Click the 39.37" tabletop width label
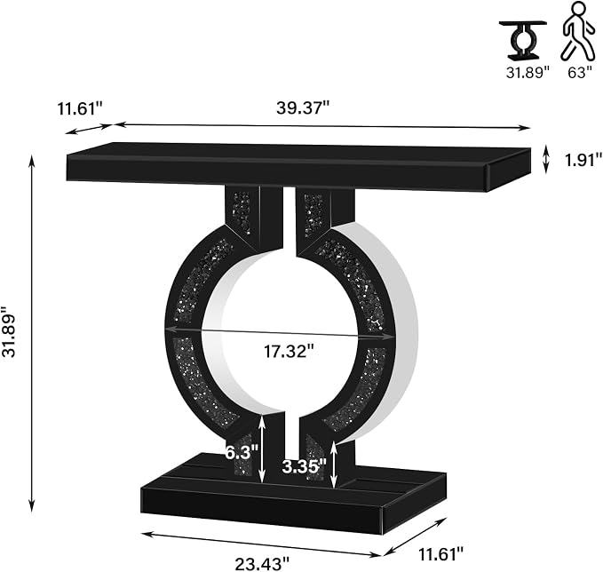303,108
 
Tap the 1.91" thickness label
583,160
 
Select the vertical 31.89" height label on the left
9,332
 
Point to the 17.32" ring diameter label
289,351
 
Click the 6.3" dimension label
242,452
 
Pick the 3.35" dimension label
305,466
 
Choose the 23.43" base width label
261,564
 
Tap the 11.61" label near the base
440,554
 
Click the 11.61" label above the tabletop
80,108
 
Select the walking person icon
577,31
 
